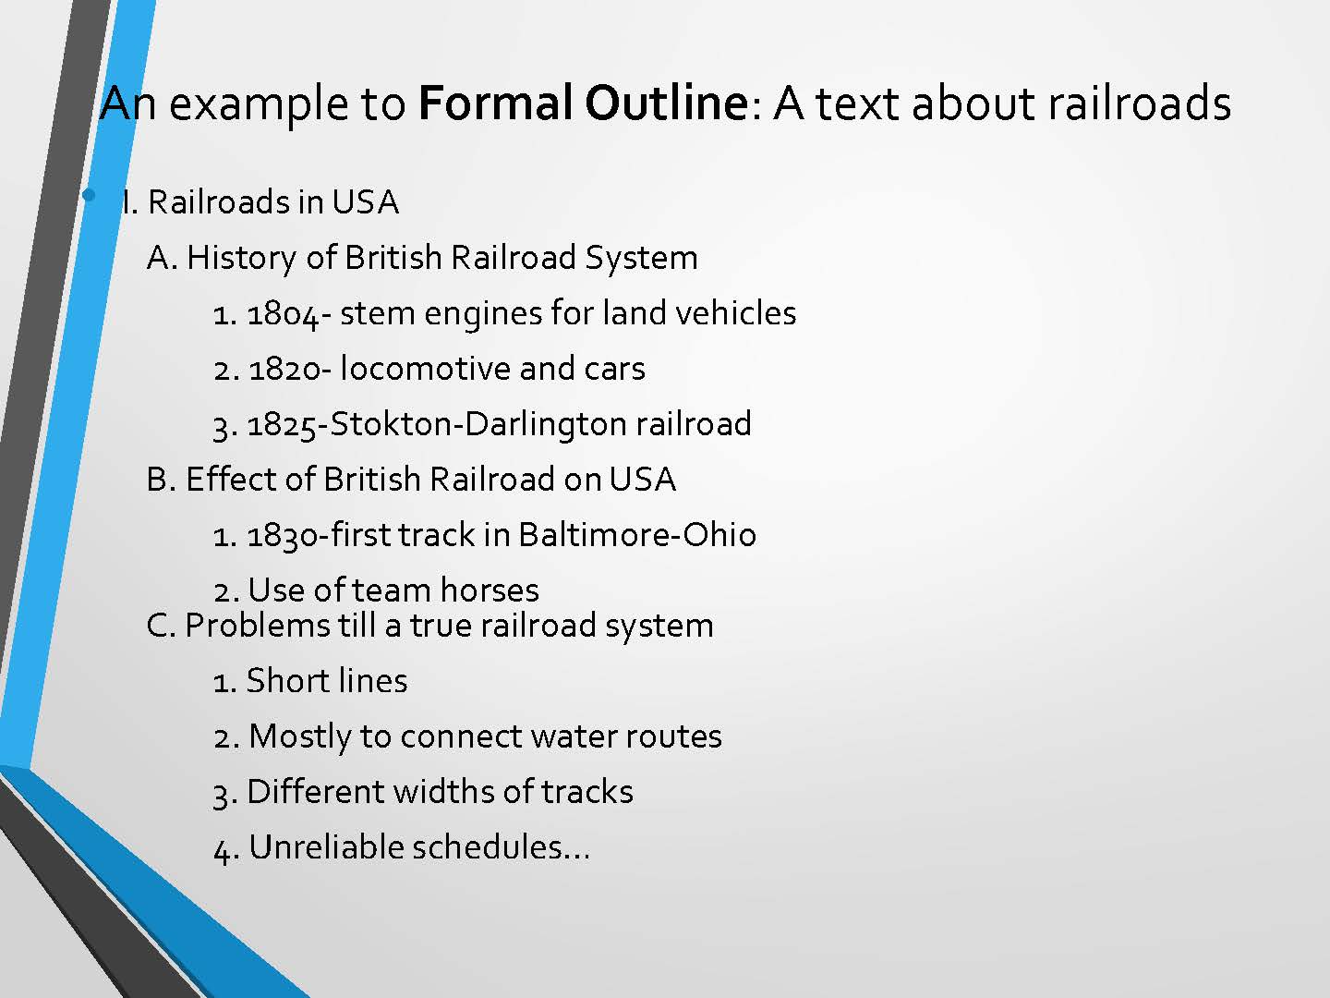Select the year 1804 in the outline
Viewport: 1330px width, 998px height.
284,314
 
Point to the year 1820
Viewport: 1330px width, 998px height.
284,369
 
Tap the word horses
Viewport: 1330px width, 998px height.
490,590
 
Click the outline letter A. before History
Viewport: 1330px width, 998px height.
163,258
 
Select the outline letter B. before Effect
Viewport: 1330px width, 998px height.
162,480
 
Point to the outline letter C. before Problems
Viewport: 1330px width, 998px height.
162,626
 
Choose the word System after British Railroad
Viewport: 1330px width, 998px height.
641,259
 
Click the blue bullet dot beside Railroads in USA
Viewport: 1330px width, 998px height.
89,195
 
